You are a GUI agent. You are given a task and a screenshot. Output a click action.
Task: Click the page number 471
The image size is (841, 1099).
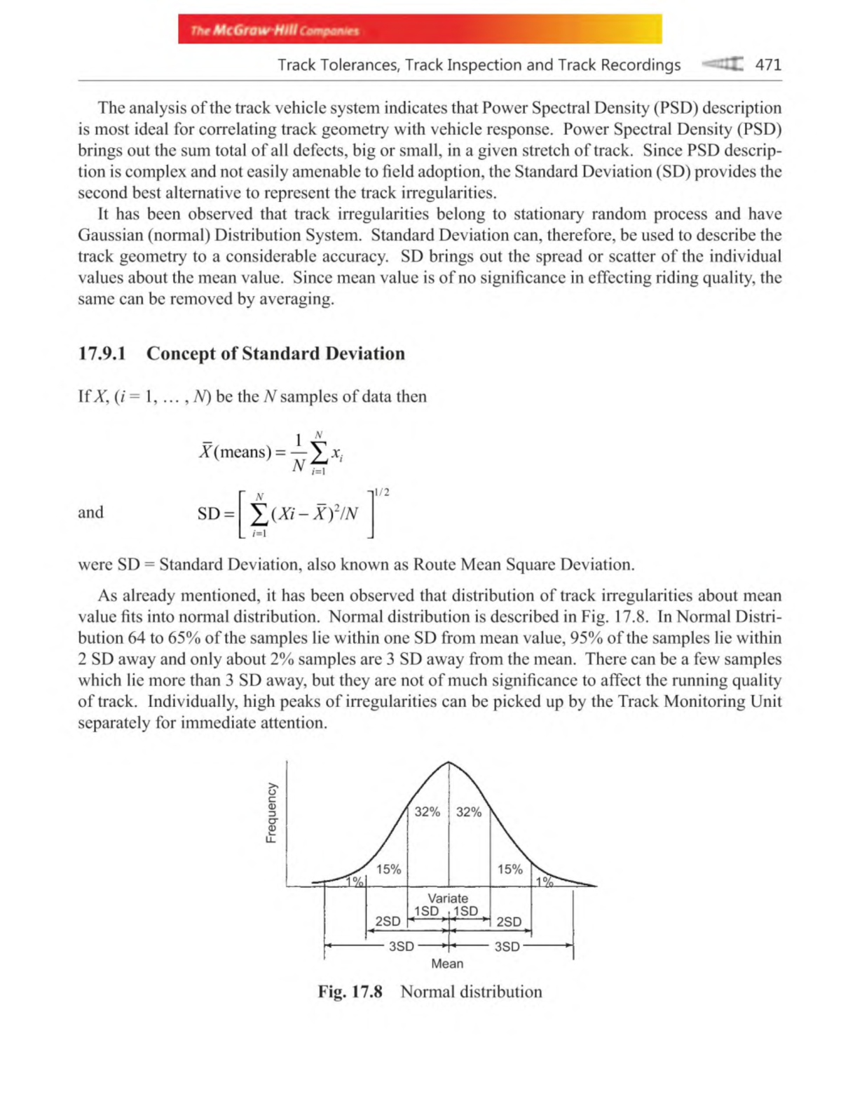pos(767,65)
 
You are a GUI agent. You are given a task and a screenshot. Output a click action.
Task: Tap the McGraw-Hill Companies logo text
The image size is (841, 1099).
pos(274,30)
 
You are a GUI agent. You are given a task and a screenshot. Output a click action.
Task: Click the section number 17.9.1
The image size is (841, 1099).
pos(102,353)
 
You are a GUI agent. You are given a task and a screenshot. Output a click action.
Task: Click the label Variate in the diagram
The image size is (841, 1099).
pos(448,898)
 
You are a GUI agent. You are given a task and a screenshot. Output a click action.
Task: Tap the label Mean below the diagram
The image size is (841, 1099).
pos(447,963)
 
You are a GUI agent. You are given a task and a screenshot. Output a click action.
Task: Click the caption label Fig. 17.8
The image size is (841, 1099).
pos(350,991)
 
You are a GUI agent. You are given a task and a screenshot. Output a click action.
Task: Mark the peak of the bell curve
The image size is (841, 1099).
pos(449,762)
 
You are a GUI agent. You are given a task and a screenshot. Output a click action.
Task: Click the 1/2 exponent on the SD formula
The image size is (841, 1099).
pos(382,492)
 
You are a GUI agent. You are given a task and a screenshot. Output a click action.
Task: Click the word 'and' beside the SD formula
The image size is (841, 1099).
pos(90,512)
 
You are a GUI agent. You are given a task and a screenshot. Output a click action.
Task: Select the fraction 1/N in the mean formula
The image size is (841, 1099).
pos(299,452)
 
